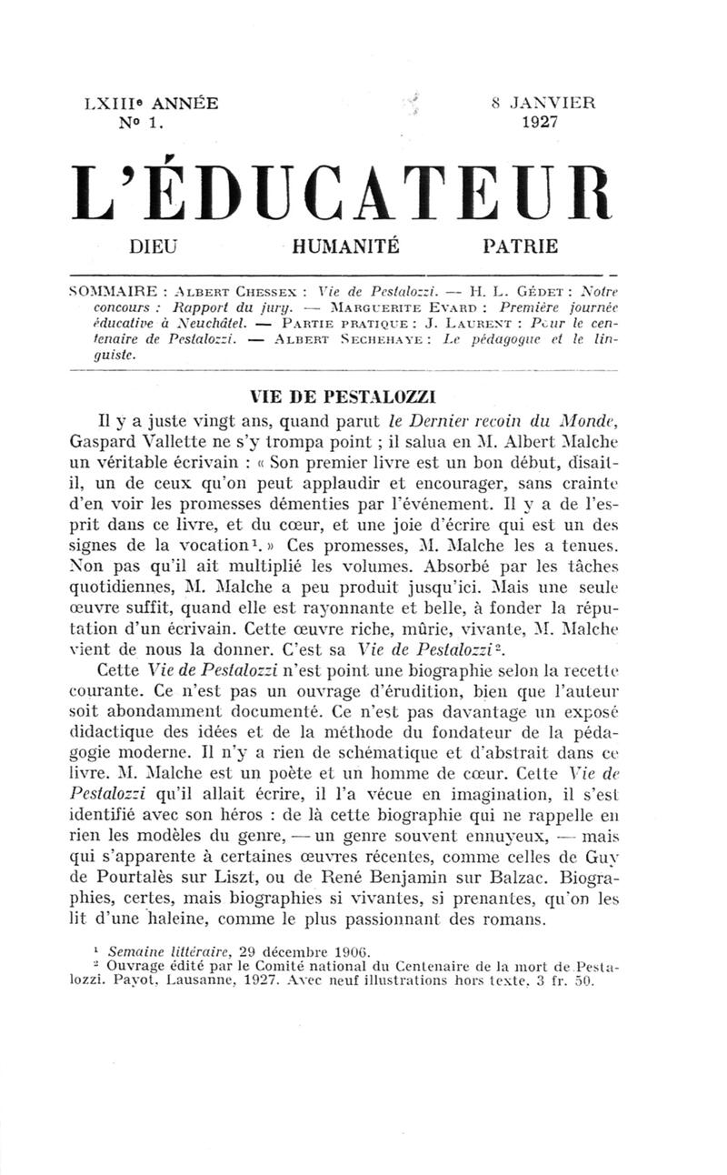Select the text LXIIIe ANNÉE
pos(150,104)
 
